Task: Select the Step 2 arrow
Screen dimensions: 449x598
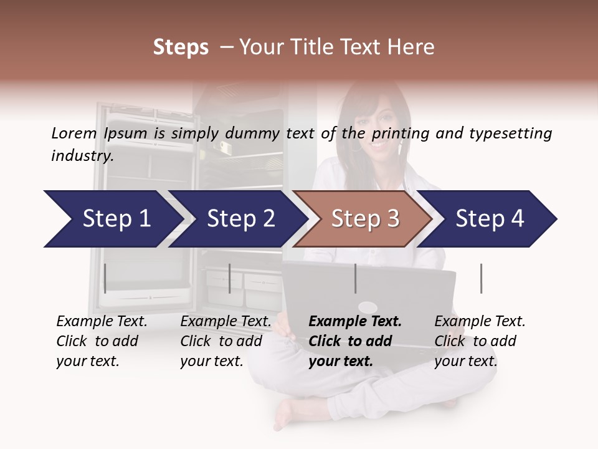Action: click(240, 219)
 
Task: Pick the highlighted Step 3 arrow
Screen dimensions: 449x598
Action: click(364, 219)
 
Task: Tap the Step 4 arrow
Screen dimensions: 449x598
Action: click(489, 219)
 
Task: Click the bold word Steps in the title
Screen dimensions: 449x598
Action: click(181, 47)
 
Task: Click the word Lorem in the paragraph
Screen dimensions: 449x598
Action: click(74, 133)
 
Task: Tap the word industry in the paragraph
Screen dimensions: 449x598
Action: click(82, 155)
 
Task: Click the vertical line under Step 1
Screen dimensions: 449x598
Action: click(105, 278)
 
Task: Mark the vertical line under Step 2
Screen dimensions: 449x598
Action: click(230, 278)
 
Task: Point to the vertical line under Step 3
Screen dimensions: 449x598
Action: click(355, 278)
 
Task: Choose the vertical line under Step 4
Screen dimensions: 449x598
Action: click(481, 278)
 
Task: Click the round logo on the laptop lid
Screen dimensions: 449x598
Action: click(368, 307)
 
